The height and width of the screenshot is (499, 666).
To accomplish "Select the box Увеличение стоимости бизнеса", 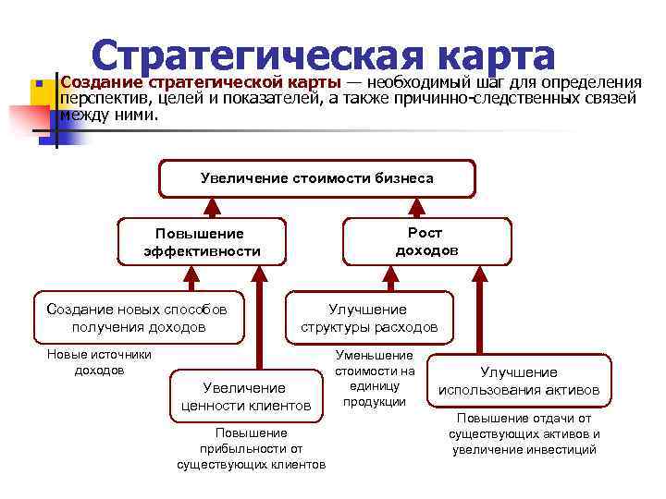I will coord(316,178).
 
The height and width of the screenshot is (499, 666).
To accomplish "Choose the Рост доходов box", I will coord(426,241).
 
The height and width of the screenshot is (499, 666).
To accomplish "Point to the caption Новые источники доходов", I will coord(99,362).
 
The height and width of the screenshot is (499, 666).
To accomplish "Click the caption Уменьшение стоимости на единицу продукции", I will coord(375,378).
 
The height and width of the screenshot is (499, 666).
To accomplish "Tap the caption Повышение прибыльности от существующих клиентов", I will coord(251,448).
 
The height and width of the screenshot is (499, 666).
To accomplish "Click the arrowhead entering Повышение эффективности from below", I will coord(191,274).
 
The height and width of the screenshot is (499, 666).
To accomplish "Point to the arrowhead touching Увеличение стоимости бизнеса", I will coord(316,206).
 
